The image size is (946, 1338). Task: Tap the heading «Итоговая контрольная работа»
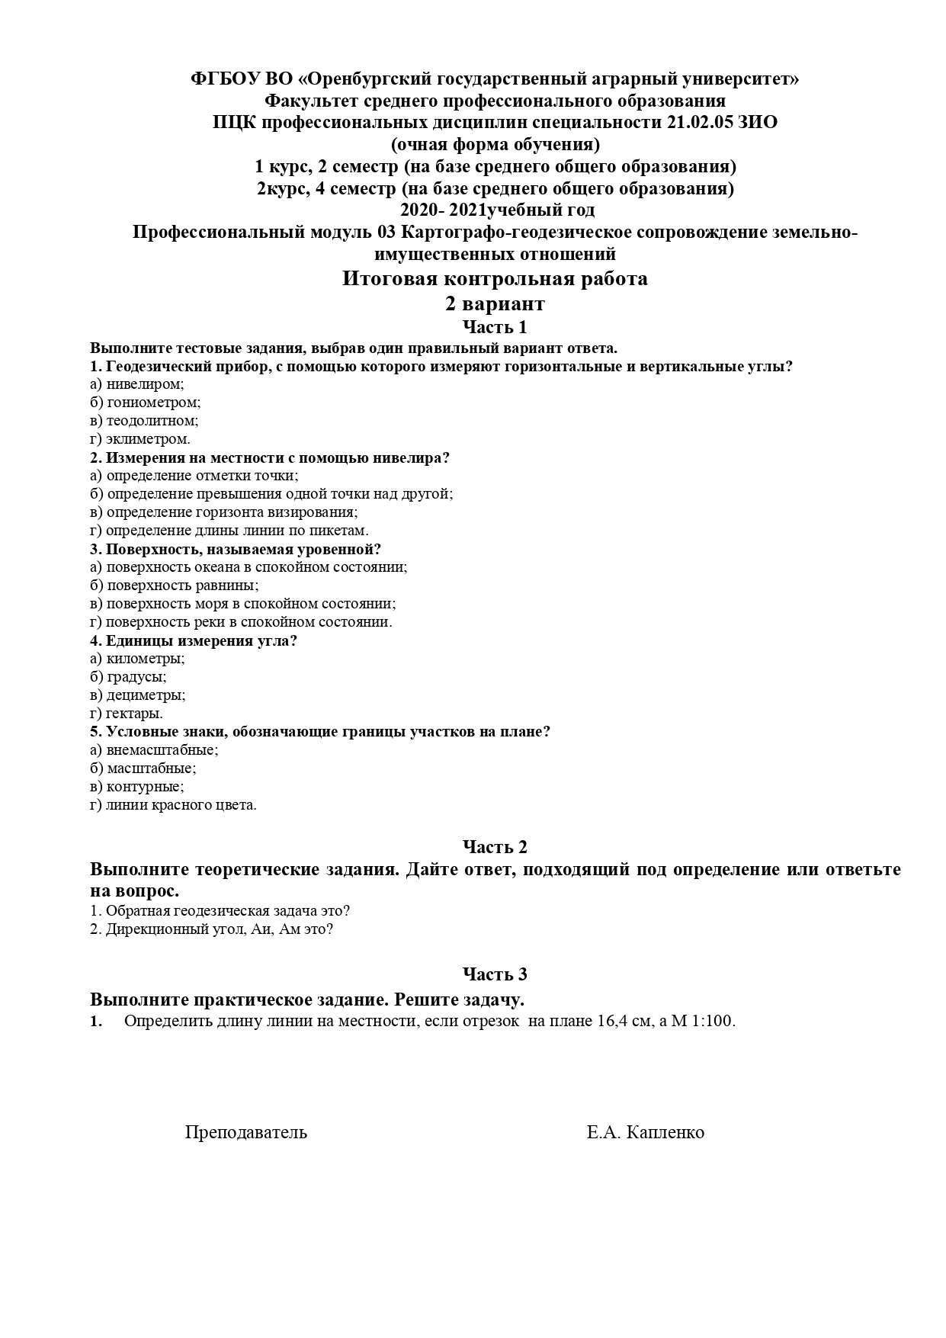495,279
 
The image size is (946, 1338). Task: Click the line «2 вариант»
495,304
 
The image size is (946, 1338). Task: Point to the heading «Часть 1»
495,328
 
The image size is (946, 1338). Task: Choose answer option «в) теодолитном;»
144,421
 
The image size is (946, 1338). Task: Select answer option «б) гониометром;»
145,403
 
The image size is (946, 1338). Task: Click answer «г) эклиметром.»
140,439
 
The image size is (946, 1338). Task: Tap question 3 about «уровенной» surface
236,549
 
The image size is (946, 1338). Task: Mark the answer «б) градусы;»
128,677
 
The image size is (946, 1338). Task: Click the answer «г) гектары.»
127,714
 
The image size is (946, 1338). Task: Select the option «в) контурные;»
137,787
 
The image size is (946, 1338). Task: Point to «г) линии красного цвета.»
173,805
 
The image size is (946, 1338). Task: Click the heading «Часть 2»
495,847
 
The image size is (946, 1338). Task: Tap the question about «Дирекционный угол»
212,929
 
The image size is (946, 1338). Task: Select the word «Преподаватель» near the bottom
245,1132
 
